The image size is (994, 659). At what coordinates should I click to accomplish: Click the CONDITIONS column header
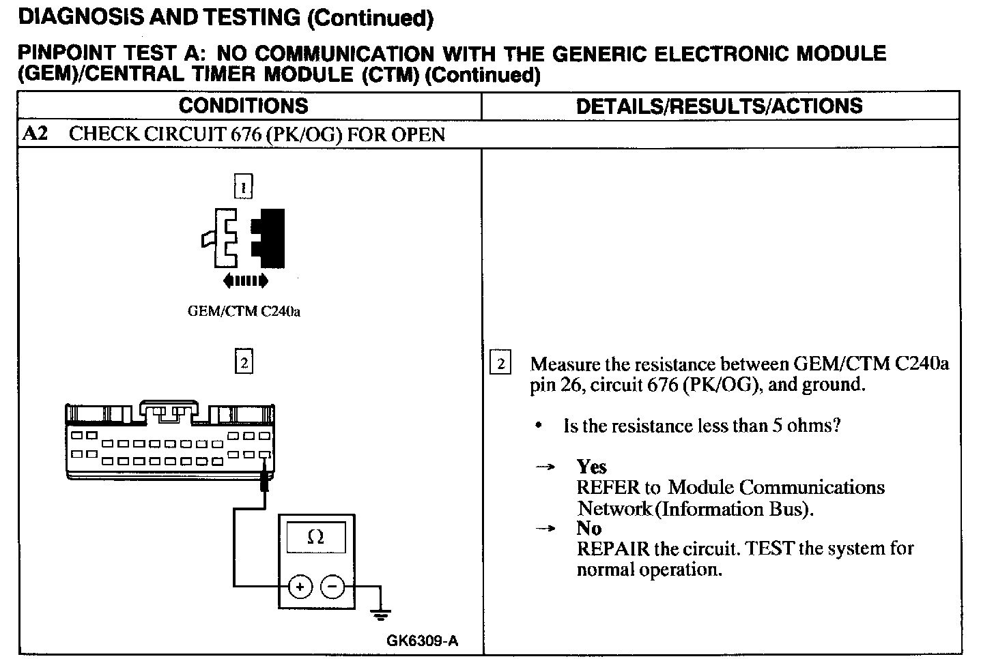243,106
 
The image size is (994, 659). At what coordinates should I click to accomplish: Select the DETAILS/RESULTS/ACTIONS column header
719,106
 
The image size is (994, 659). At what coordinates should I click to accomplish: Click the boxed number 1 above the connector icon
243,186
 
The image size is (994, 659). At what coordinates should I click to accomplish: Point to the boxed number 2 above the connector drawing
243,362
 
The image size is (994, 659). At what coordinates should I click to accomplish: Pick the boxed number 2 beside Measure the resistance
500,364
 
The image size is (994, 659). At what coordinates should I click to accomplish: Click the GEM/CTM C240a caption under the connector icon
244,312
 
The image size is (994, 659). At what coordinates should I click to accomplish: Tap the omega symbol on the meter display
315,537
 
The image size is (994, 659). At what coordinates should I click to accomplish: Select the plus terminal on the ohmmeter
300,586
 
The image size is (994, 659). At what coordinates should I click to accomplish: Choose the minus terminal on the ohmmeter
332,586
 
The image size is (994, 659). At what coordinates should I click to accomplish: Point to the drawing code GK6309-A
422,641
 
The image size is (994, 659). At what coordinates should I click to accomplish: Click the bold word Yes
591,467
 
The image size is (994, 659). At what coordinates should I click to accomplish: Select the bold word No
588,528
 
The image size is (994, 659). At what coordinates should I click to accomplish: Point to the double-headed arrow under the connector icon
245,280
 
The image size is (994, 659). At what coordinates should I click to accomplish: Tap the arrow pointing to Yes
545,467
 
